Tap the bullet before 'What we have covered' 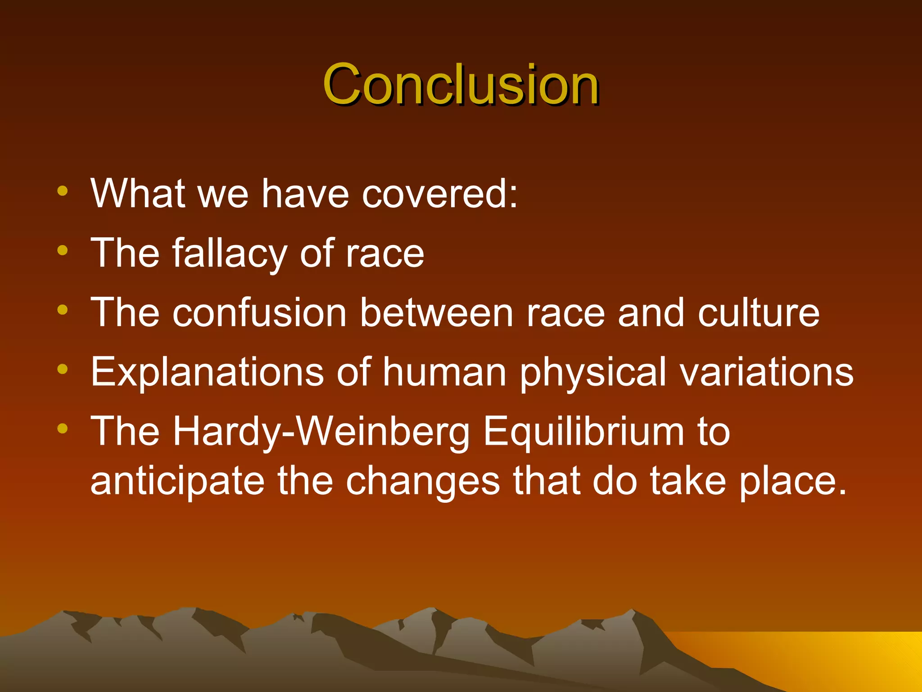click(63, 191)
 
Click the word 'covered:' click(440, 194)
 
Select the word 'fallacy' click(230, 254)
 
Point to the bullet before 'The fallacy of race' click(63, 250)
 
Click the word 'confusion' click(259, 313)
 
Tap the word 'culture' click(759, 313)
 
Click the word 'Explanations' click(207, 372)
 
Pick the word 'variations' click(767, 372)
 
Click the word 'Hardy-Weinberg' click(321, 432)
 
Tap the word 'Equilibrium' click(583, 432)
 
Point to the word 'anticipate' click(177, 482)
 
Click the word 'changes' click(423, 482)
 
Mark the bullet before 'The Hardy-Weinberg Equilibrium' click(63, 428)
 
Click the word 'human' click(444, 372)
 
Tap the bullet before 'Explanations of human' click(63, 369)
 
